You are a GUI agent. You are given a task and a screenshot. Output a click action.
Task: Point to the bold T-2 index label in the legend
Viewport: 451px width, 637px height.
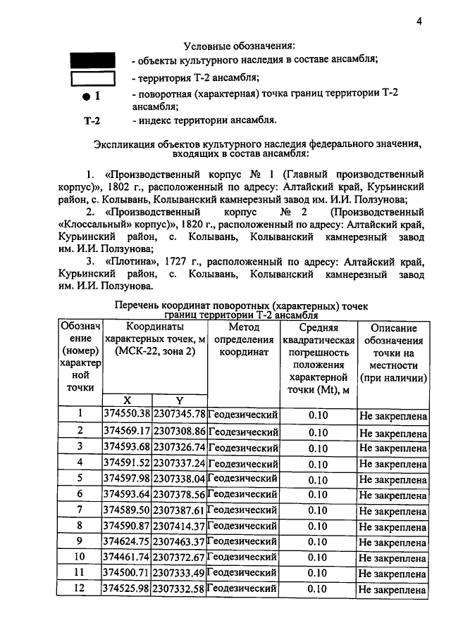click(x=92, y=120)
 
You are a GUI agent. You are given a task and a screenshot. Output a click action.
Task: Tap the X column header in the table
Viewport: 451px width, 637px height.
click(x=127, y=400)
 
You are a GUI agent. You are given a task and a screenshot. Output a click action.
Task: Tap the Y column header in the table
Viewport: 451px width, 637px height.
click(x=179, y=400)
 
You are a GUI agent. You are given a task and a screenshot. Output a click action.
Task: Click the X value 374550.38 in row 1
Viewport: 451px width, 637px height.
click(x=127, y=414)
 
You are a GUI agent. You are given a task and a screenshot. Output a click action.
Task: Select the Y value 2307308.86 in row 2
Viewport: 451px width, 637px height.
click(x=179, y=430)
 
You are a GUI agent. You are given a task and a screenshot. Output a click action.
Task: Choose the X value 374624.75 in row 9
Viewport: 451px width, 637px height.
click(x=127, y=542)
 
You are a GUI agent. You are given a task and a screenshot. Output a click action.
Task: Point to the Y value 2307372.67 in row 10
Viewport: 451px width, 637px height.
click(x=179, y=557)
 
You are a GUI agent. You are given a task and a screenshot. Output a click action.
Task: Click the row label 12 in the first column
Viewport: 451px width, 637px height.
click(x=80, y=588)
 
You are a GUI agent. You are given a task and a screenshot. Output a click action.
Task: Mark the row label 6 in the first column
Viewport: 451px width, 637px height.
click(x=80, y=493)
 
